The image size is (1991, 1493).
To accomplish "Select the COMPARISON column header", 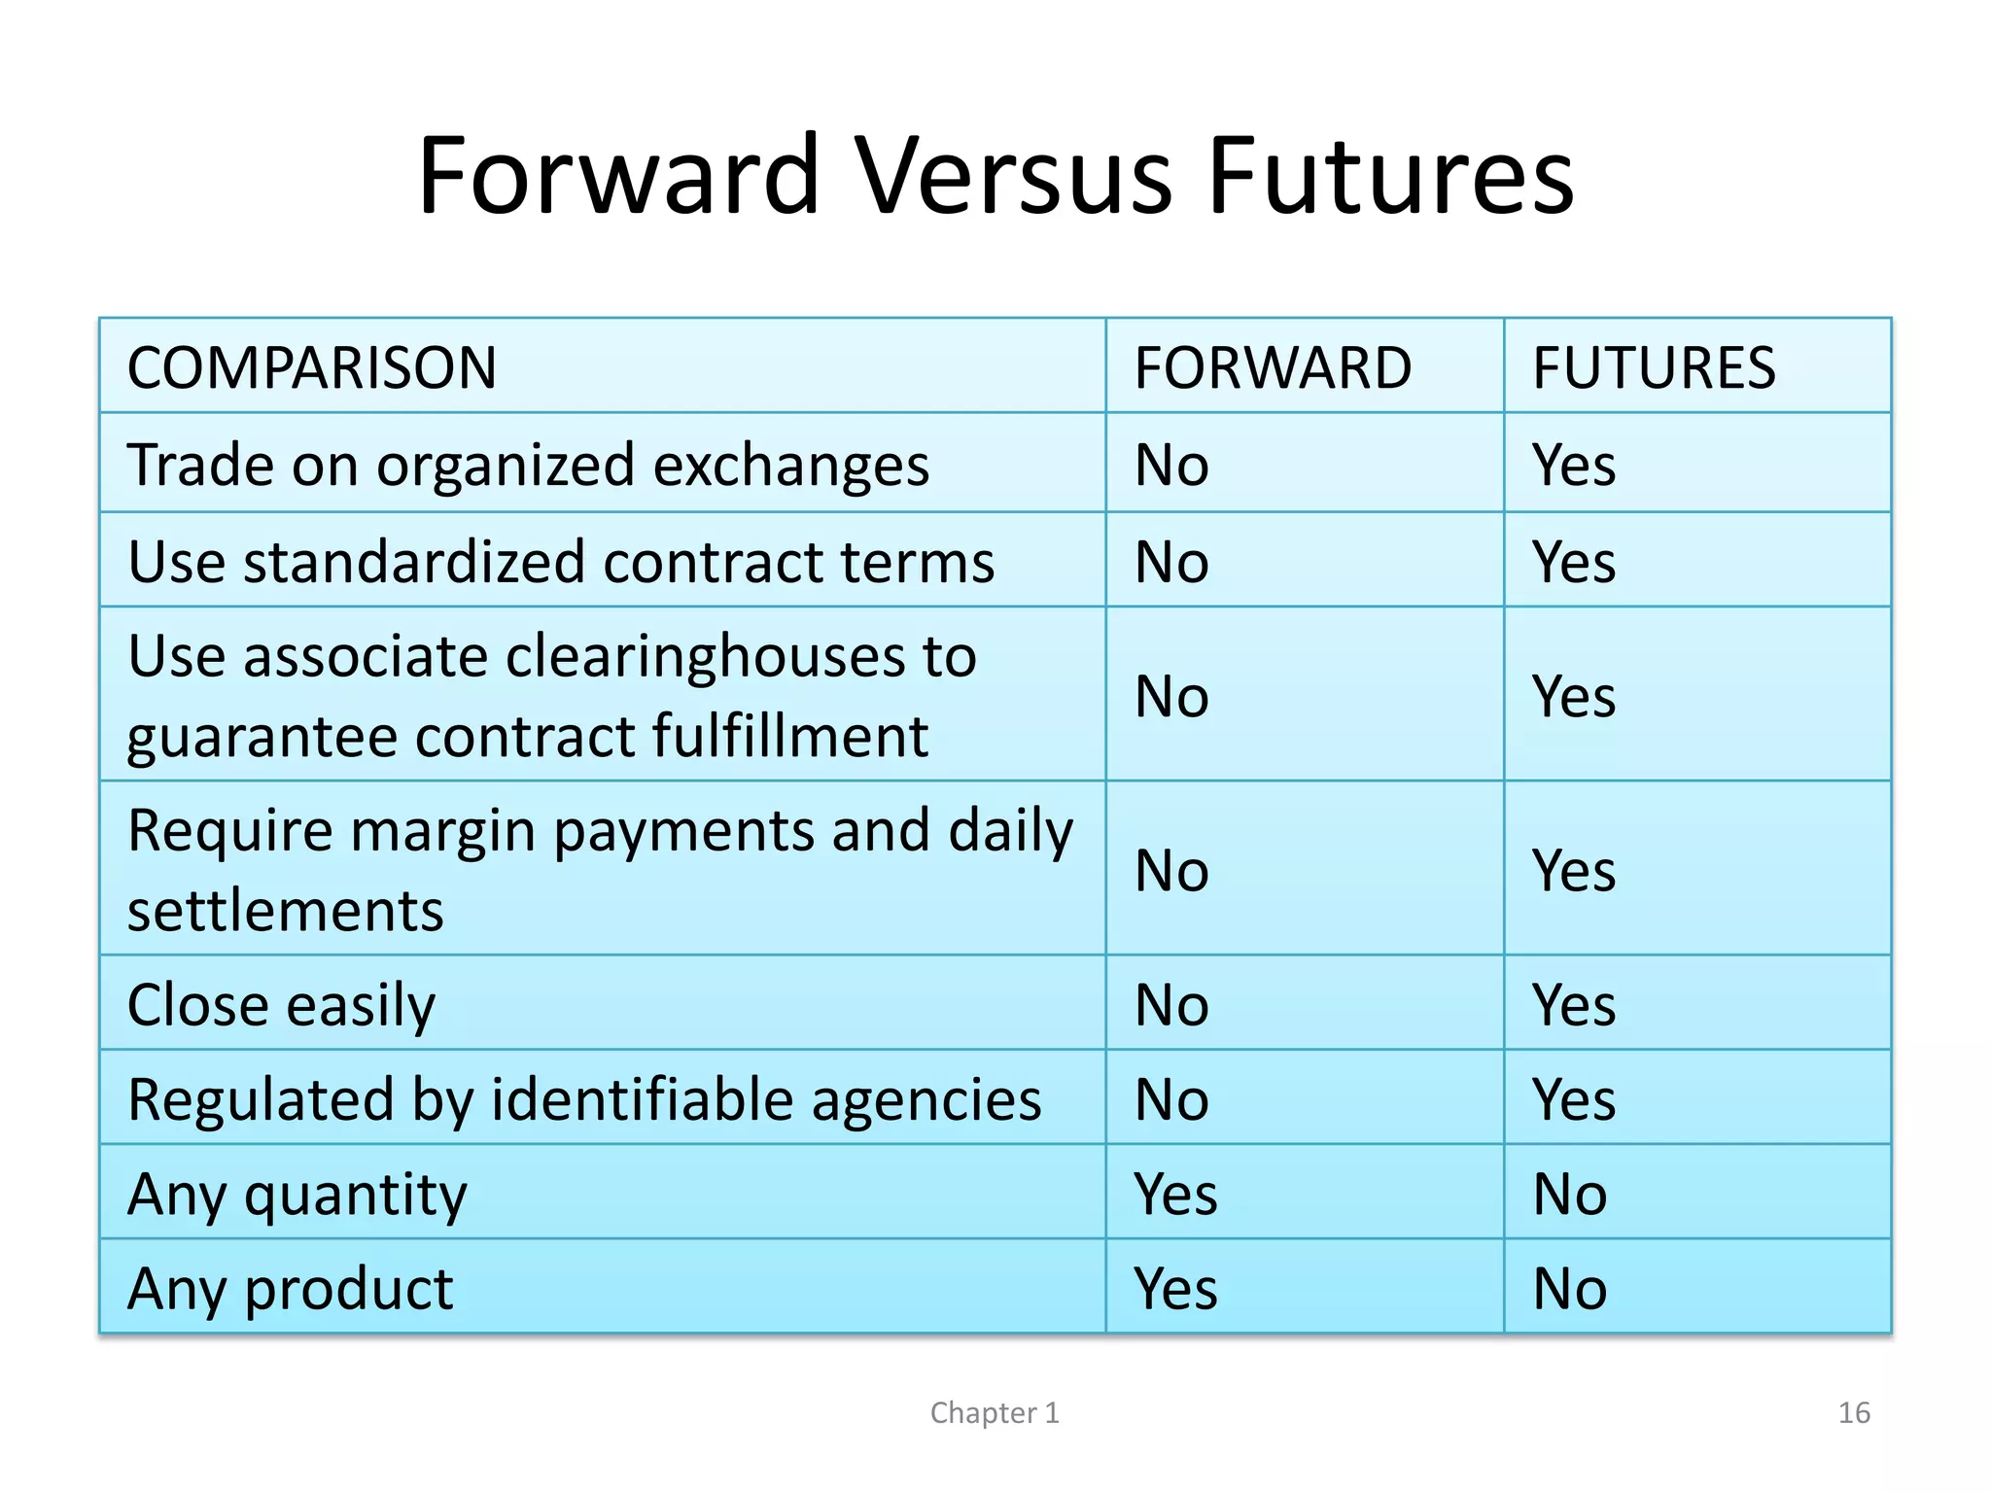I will [311, 368].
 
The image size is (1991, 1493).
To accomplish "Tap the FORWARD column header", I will [1272, 368].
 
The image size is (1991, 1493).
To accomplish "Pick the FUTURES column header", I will [1653, 368].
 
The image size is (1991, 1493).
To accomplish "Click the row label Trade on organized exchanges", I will [528, 466].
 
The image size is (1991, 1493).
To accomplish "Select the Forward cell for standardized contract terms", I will [1171, 562].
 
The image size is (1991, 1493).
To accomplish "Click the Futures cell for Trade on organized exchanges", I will [1573, 466].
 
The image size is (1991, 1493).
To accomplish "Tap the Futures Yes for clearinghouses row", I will [1573, 697].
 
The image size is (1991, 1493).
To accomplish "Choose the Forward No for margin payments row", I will [1171, 871].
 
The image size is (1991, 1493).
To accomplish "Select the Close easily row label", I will [281, 1006].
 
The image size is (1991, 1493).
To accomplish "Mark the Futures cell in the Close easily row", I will [1573, 1005].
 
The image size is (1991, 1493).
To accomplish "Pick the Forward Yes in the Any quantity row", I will [1174, 1195].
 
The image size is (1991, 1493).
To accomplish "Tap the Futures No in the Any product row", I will [1569, 1289].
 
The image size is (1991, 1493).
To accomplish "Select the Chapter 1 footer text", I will [994, 1412].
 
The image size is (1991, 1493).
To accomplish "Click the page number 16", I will [1853, 1412].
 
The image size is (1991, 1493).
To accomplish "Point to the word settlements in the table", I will [285, 912].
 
